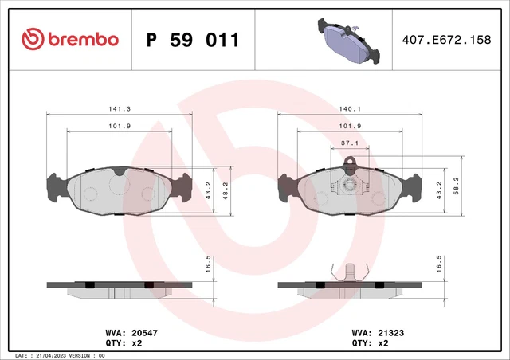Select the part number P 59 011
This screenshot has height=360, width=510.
[x=194, y=39]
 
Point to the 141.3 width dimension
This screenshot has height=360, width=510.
[x=120, y=108]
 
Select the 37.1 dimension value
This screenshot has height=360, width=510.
[x=348, y=143]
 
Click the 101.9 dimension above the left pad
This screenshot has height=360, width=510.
[x=120, y=126]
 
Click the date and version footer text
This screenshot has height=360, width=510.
[x=61, y=354]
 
